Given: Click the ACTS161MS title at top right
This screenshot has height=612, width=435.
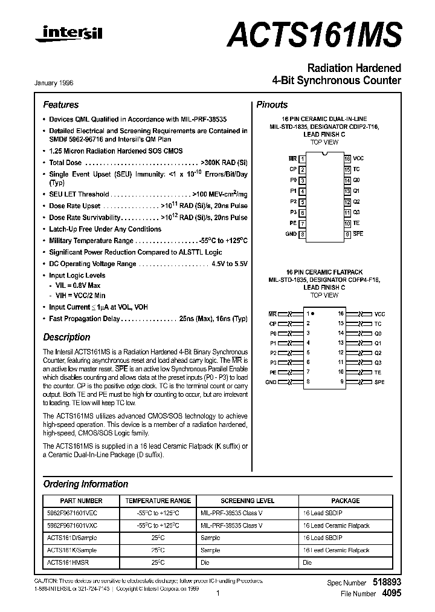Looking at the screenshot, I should [314, 34].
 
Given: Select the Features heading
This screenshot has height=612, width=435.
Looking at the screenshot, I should [60, 105].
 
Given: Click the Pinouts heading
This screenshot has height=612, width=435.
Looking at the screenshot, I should [272, 105].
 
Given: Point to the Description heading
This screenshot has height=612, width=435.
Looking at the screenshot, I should [66, 337].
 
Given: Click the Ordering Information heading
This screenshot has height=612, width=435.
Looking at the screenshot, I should [85, 484].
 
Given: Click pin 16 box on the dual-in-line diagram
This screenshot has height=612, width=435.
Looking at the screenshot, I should [347, 158].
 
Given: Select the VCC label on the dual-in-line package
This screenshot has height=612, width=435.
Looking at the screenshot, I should [359, 158].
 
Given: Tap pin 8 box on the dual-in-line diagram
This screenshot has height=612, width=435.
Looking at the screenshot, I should [302, 234].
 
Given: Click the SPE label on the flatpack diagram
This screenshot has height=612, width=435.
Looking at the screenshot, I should [379, 382].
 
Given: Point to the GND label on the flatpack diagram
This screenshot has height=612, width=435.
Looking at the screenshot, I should [271, 382].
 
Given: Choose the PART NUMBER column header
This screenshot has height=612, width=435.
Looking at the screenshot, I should [82, 501].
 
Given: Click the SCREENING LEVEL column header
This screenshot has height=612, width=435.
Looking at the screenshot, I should [247, 501].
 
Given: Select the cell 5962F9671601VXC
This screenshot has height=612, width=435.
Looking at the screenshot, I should [71, 526].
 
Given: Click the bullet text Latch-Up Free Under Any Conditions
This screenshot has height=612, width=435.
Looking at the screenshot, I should [105, 229].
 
